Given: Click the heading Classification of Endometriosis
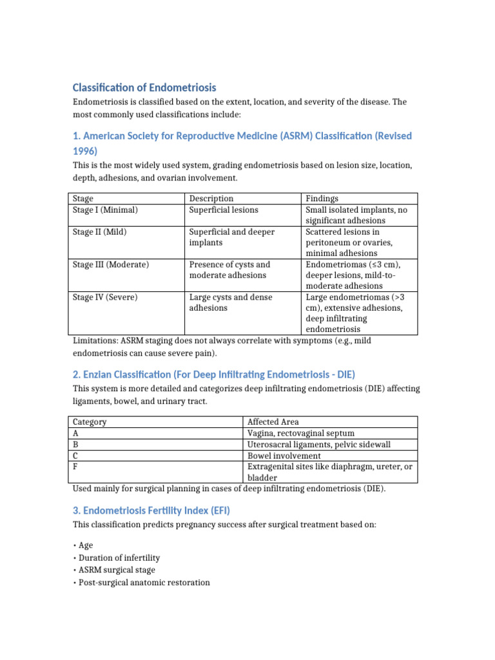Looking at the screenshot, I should click(144, 88).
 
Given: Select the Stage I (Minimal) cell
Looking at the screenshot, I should click(105, 210).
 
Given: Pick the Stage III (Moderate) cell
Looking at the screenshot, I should click(110, 265).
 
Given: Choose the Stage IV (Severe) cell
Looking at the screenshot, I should click(105, 298).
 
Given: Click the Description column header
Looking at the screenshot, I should click(211, 199).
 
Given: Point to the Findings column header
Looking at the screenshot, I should click(322, 199).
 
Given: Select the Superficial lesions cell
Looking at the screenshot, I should click(224, 210).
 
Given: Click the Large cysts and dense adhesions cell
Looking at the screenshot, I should click(231, 303).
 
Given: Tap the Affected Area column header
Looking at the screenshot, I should click(273, 422).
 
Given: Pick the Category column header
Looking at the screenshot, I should click(90, 422).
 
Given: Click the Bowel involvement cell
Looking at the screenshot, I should click(284, 456).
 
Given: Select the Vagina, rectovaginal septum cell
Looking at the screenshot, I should click(300, 433).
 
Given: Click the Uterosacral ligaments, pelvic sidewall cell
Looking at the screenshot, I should click(318, 445).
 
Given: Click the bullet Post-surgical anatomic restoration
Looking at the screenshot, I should click(144, 583).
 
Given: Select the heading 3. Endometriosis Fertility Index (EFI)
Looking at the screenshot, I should click(151, 510).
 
